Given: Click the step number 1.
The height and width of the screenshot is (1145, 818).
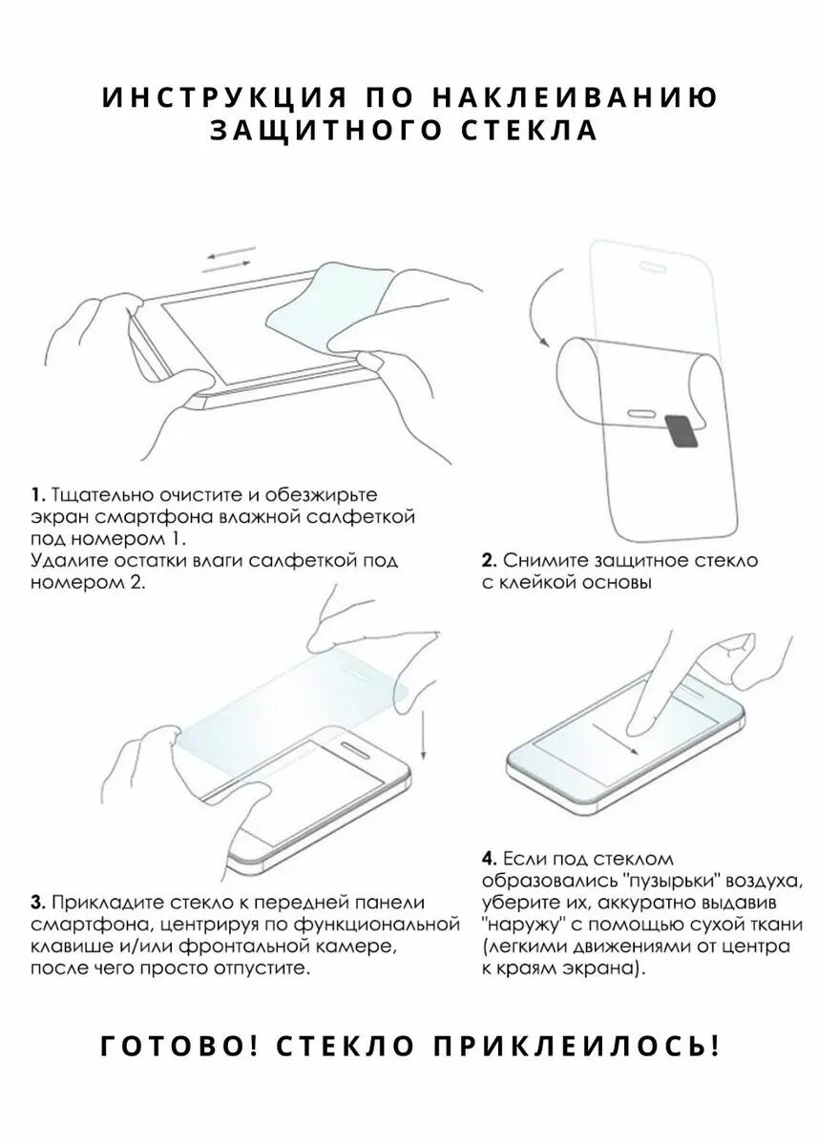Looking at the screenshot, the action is pos(36,495).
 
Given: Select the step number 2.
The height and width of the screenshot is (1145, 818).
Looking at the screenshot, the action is pos(487,560).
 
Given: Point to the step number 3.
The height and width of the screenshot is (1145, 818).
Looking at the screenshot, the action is pos(36,903).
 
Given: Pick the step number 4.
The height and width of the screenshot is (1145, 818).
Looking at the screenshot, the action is pos(488,858).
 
